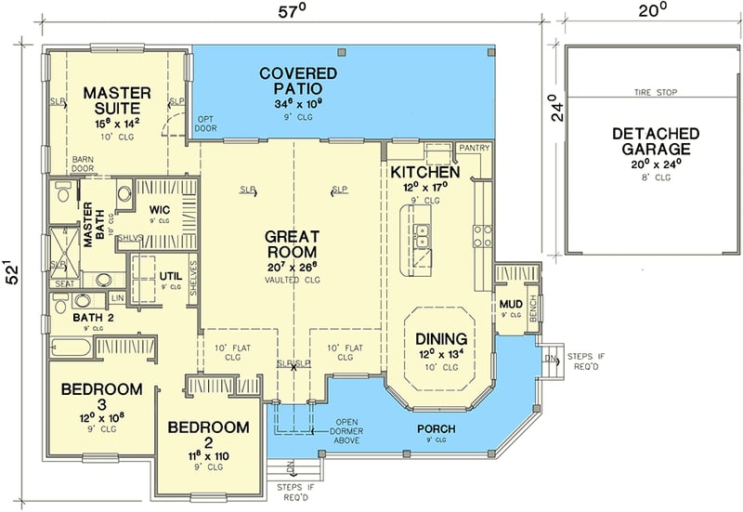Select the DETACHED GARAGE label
coord(651,141)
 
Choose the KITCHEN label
coord(424,173)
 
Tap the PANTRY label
coord(474,148)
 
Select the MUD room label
coord(510,303)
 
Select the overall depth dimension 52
coord(11,274)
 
